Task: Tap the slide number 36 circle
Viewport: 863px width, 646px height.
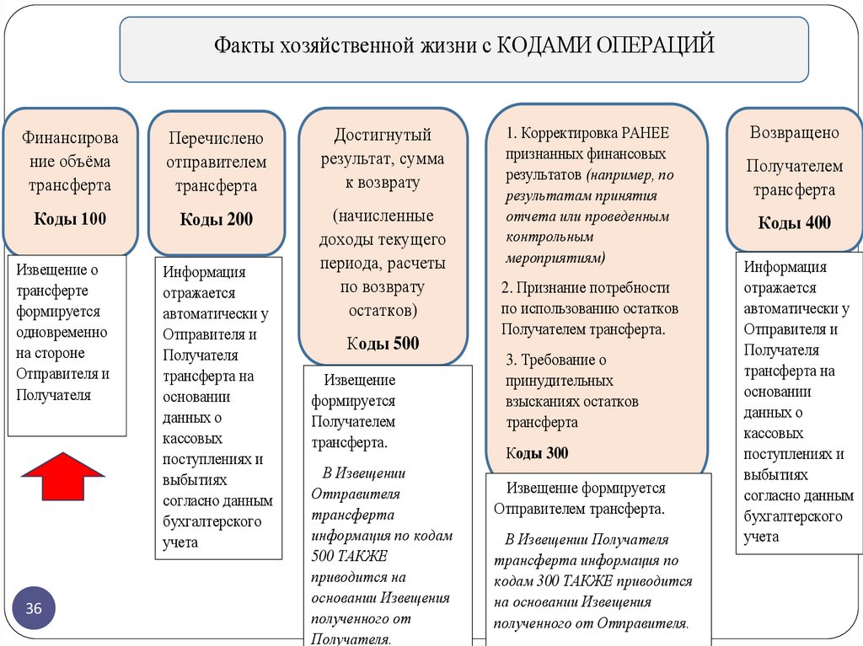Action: point(34,608)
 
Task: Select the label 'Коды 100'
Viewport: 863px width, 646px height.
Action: point(70,219)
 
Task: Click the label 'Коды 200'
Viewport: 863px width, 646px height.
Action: point(216,219)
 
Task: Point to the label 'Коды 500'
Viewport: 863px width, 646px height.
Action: point(383,343)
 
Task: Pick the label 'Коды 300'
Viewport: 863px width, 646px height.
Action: point(537,453)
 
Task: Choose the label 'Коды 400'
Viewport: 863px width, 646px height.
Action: point(794,222)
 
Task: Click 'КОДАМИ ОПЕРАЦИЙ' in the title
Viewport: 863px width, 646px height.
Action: point(605,43)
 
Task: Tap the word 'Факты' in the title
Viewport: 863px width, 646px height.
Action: point(240,44)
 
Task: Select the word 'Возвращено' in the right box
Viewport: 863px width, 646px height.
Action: point(794,132)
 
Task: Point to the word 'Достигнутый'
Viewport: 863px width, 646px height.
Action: point(383,135)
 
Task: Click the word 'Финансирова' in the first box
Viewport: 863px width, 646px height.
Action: point(70,137)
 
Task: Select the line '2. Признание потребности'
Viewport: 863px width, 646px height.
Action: point(585,286)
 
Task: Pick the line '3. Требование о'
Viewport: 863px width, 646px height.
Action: point(556,360)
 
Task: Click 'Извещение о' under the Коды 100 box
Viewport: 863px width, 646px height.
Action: point(56,270)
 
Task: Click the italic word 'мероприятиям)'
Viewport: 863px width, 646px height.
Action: point(555,257)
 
